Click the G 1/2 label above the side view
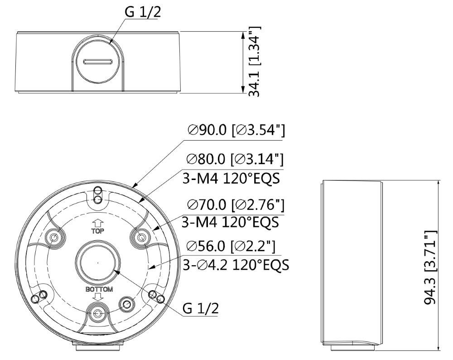pyautogui.click(x=142, y=12)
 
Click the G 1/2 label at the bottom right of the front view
pyautogui.click(x=201, y=308)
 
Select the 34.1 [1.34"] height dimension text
pyautogui.click(x=255, y=62)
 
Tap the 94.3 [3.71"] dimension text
pyautogui.click(x=430, y=268)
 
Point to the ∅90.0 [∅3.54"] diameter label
pyautogui.click(x=236, y=130)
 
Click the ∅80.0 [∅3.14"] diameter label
pyautogui.click(x=235, y=159)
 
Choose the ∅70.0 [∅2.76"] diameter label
pyautogui.click(x=236, y=205)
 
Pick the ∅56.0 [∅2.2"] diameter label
pyautogui.click(x=231, y=246)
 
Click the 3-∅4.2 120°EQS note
pyautogui.click(x=236, y=264)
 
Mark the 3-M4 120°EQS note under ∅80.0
pyautogui.click(x=231, y=178)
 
